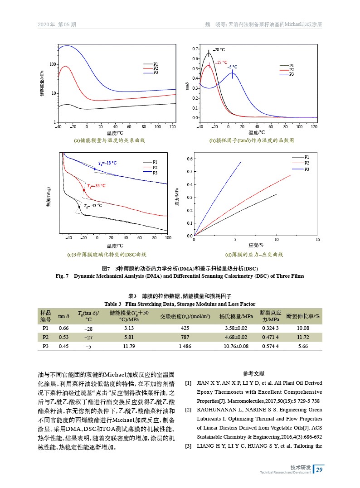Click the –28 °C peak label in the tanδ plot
tap(219, 50)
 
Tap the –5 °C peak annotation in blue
tap(232, 67)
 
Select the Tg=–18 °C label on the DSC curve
tap(107, 163)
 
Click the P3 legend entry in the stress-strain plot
tap(307, 169)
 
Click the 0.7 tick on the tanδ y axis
tap(195, 48)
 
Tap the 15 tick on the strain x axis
tap(317, 239)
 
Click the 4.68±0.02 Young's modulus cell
tap(236, 337)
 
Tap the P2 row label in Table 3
tap(45, 337)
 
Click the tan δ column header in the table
tap(64, 316)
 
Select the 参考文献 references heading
tap(254, 374)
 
